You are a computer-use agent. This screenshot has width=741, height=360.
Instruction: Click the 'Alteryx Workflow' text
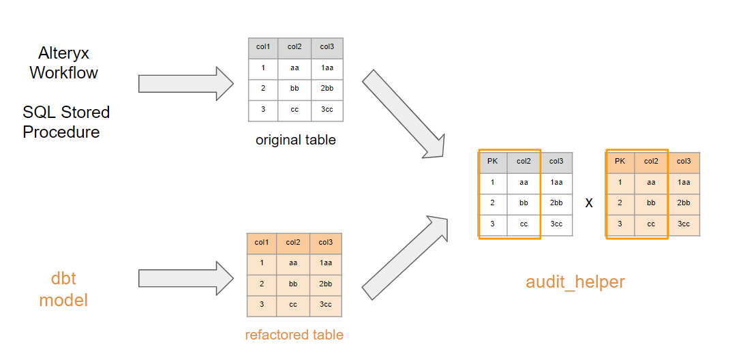[x=63, y=63]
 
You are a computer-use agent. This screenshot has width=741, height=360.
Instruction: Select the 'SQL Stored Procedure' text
[x=65, y=122]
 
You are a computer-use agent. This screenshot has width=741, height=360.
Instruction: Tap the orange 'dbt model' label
[x=63, y=289]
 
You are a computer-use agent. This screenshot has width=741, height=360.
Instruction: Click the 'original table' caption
[x=295, y=140]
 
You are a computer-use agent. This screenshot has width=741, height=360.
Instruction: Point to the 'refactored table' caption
[x=294, y=335]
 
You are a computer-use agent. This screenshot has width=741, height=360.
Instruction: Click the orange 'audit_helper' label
[x=575, y=282]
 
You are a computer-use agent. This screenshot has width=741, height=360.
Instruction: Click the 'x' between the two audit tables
[x=588, y=203]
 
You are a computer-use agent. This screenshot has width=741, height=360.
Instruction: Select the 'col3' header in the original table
[x=327, y=47]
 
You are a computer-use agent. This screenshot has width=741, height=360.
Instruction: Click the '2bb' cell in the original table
[x=327, y=89]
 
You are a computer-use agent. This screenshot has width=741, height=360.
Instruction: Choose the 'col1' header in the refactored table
[x=262, y=243]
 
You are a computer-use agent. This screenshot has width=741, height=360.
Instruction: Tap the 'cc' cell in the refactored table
[x=293, y=305]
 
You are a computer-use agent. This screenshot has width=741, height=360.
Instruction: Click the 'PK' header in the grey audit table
[x=492, y=162]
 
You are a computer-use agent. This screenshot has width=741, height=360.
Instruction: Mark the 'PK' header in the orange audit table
[x=620, y=162]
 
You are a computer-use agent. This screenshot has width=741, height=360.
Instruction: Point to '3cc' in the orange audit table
[x=684, y=224]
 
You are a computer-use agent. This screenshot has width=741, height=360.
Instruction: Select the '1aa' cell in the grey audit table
[x=556, y=182]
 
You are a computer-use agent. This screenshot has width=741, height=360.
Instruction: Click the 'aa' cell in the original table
[x=294, y=68]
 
